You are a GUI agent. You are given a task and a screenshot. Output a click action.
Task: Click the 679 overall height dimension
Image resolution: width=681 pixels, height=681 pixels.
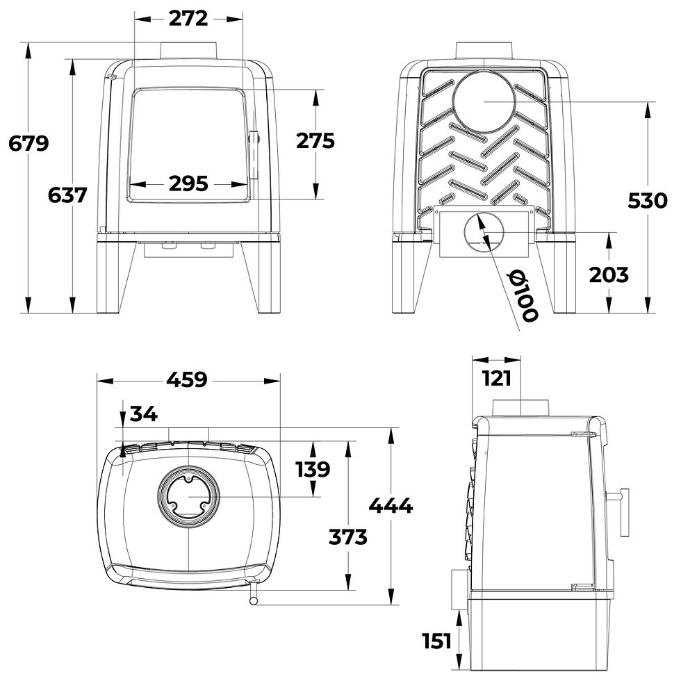coord(28,143)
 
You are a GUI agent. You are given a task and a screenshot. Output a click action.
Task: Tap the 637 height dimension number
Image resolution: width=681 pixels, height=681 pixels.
coord(67,195)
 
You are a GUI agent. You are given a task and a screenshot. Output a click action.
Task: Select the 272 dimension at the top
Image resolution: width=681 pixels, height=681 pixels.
coord(188,18)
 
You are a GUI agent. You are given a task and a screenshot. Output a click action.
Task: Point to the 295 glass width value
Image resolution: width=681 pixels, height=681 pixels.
coord(188,183)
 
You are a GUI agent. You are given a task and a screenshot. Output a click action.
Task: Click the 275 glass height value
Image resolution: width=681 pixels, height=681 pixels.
coord(315,140)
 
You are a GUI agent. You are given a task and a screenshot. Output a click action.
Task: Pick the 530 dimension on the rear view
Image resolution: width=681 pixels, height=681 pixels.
coord(648,201)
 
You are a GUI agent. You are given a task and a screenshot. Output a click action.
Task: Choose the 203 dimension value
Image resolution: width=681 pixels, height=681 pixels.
coord(609,274)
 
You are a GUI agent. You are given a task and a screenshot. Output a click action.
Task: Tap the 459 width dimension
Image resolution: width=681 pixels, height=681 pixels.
coord(187,379)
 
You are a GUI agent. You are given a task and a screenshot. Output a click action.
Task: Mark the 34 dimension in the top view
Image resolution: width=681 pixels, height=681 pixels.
coord(144,414)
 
